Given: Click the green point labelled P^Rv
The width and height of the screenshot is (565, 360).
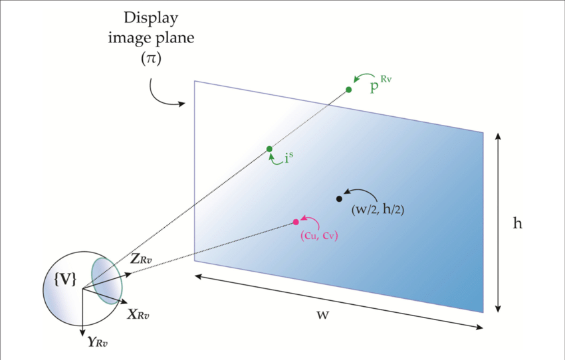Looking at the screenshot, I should [348, 90].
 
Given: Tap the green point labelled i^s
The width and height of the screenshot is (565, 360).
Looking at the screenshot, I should [269, 149].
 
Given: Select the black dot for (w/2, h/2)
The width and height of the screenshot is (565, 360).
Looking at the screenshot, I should [339, 198].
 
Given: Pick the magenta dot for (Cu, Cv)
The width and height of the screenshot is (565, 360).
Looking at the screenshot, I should [296, 222].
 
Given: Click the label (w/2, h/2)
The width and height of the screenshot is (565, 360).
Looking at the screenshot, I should [378, 210].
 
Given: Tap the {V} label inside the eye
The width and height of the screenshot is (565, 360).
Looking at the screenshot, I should [64, 280].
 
